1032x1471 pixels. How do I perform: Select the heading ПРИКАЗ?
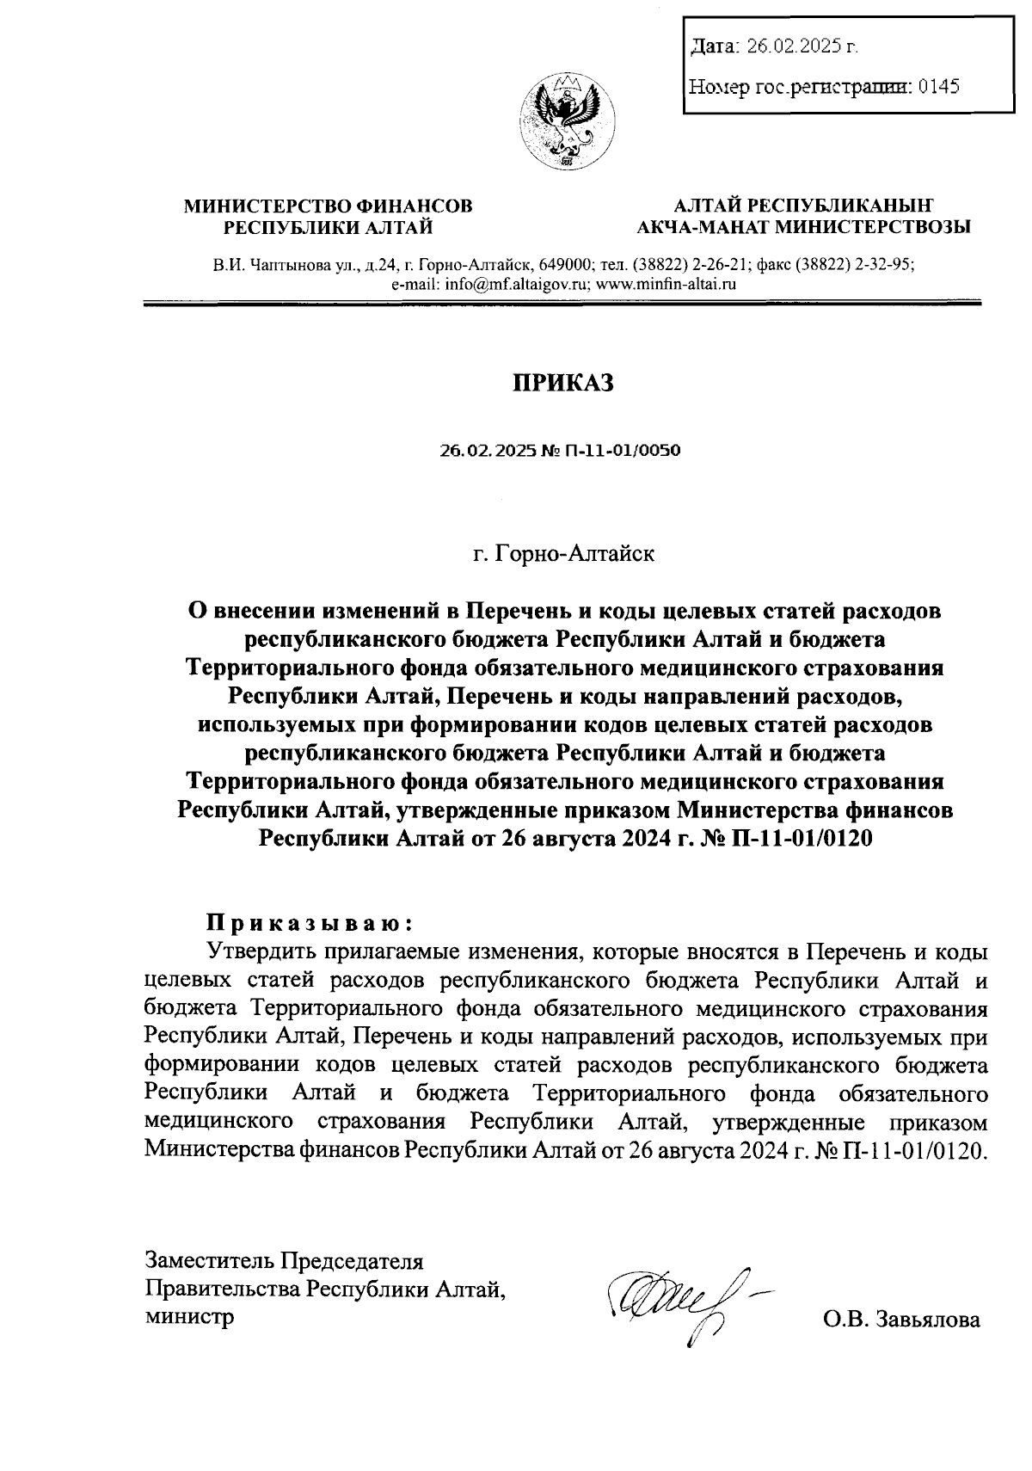563,383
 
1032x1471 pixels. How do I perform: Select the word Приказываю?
309,923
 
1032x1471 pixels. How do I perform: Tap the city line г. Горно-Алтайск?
563,553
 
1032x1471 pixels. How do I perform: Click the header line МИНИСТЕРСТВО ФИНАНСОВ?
329,206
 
